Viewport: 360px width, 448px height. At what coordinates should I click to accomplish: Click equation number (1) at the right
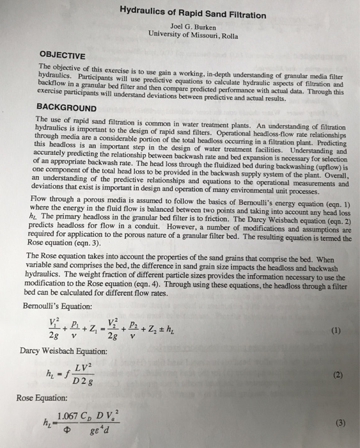[x=333, y=331]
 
